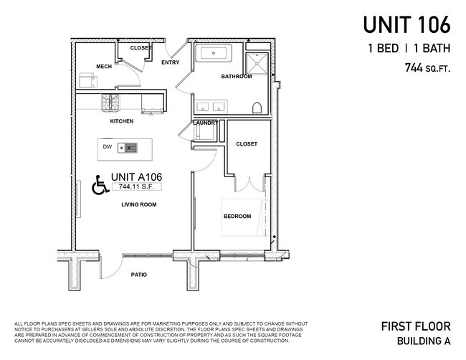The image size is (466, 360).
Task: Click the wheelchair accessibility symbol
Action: point(100,186)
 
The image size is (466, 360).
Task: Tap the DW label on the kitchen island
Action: point(107,148)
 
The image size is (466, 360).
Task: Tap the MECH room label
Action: point(103,67)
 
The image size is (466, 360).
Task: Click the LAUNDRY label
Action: point(206,123)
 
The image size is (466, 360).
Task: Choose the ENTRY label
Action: point(171,62)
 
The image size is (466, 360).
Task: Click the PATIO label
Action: point(139,275)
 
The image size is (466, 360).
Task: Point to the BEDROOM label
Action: point(237,217)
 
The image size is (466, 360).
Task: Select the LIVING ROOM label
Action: point(138,204)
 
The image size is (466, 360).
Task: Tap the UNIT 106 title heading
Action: point(406,25)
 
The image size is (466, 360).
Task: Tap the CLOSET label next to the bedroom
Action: point(246,144)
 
